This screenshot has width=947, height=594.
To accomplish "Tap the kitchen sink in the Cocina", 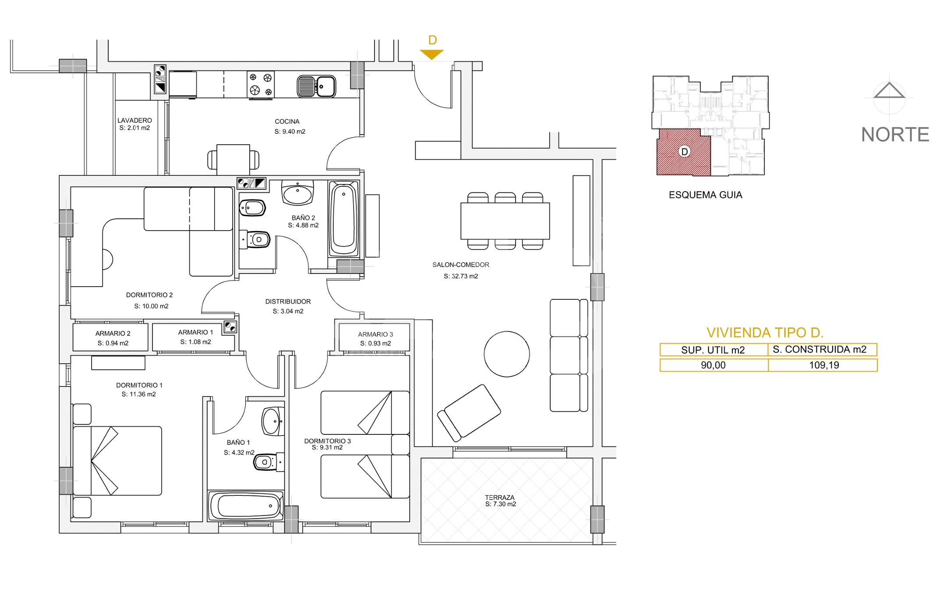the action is coord(316,86).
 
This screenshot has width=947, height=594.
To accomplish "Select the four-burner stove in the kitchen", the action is coord(261,85).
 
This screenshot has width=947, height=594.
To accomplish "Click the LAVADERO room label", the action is coord(134,120).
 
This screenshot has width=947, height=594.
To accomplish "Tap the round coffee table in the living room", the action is coord(507,354).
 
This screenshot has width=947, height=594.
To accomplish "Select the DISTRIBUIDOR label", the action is coord(288,302).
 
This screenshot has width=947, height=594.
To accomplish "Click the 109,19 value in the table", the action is coord(824,365).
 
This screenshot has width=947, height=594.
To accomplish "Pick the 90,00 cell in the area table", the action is coord(713,365).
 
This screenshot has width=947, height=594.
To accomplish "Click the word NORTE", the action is coord(895,135).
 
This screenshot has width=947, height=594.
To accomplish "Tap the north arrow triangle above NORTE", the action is coord(889,90).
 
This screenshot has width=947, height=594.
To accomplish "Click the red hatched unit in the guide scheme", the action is coord(683,152).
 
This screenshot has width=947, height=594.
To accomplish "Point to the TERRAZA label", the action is coord(500,498).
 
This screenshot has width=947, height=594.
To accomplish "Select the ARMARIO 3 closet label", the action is coord(375,334).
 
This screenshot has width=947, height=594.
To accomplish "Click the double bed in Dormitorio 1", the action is coord(117,461).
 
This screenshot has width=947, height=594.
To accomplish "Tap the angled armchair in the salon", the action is coord(469,413).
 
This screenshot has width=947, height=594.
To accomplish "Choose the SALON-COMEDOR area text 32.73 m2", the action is coord(461,276).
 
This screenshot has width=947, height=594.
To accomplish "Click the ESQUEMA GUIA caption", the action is coord(705,195).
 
